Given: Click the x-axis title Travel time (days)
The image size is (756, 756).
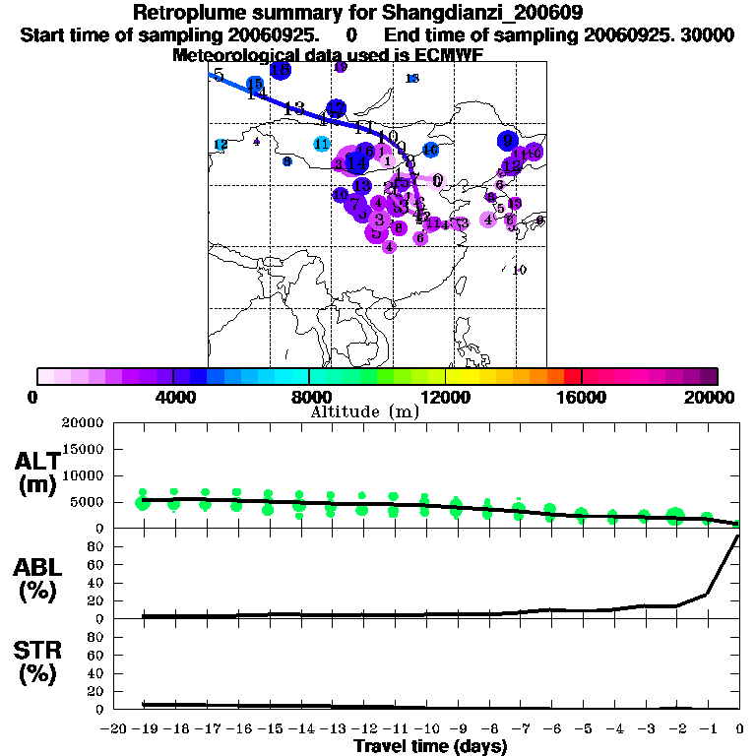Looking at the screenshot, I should pos(430,746).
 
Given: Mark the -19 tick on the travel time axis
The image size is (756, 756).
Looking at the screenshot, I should pos(145,728).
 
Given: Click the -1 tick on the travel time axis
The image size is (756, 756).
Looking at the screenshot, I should pos(707,728).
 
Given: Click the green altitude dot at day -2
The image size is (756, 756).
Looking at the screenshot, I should pos(674,516).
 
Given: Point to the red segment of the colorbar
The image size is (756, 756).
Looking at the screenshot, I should pos(572,376).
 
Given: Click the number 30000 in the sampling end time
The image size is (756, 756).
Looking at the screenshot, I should pos(710,34).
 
